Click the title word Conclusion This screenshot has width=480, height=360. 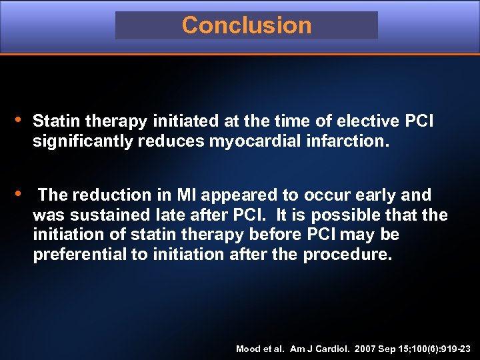(x=246, y=25)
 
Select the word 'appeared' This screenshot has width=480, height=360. (x=232, y=195)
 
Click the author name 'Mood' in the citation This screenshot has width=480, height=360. (x=248, y=349)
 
